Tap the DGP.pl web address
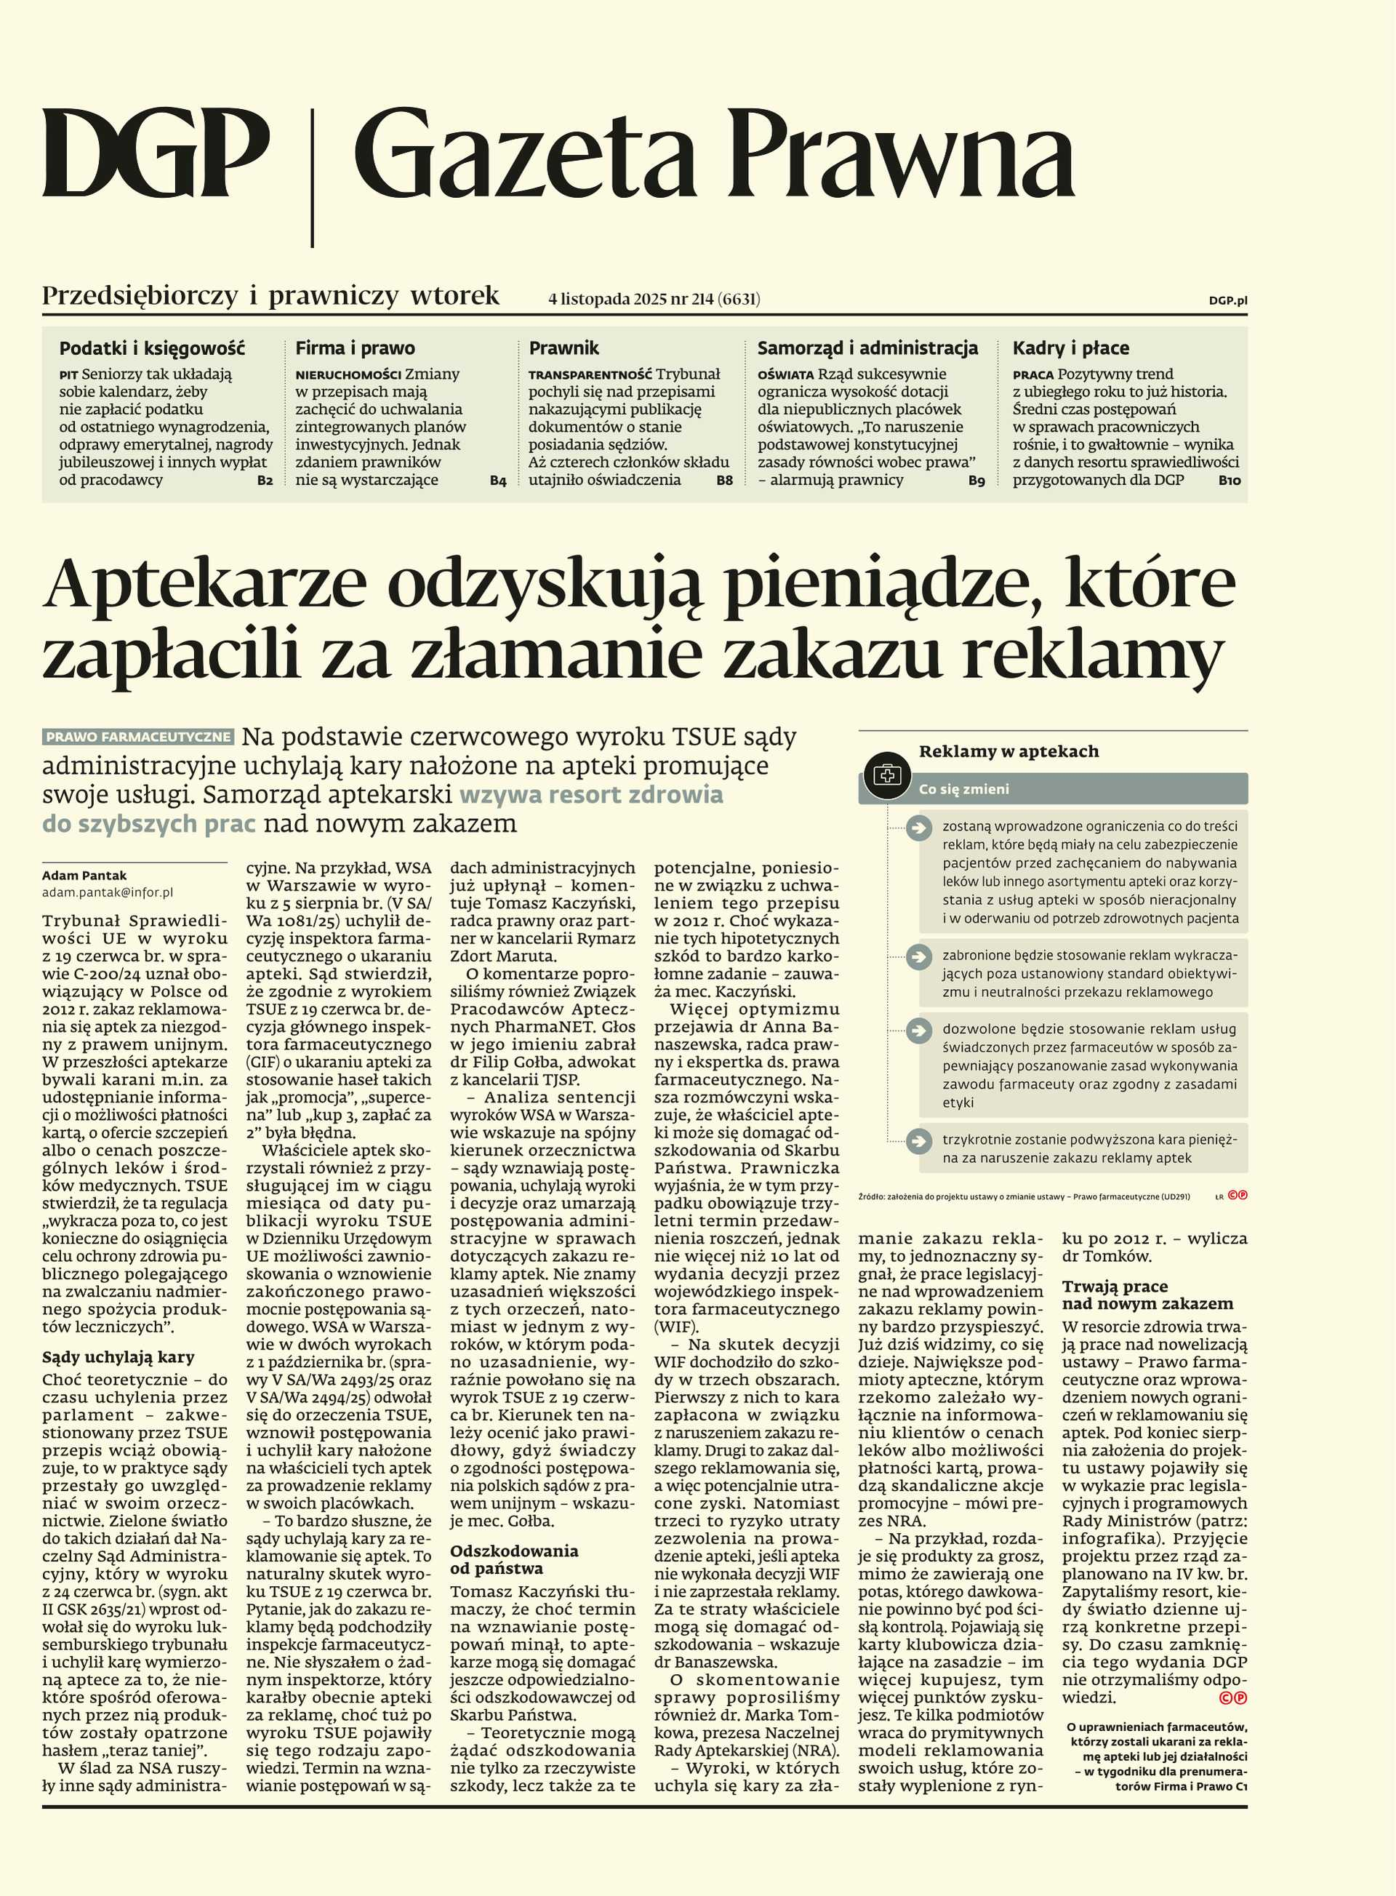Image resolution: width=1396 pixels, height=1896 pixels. click(x=1228, y=300)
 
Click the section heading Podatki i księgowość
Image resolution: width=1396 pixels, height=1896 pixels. click(x=152, y=348)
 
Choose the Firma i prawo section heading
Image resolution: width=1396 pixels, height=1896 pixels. click(x=355, y=348)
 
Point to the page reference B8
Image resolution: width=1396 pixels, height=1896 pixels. click(x=724, y=480)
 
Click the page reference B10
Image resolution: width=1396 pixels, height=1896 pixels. click(x=1229, y=480)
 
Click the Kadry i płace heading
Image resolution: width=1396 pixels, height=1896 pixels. click(x=1071, y=348)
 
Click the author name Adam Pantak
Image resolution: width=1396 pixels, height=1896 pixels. click(x=84, y=876)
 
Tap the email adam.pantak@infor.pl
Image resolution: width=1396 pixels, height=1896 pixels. click(x=108, y=892)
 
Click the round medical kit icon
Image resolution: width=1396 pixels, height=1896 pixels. click(x=886, y=775)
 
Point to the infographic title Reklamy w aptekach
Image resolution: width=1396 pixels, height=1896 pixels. click(x=1008, y=751)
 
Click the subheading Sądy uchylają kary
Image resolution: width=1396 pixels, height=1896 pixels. click(x=119, y=1356)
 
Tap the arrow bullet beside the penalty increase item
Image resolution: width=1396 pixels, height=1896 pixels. click(x=918, y=1141)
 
